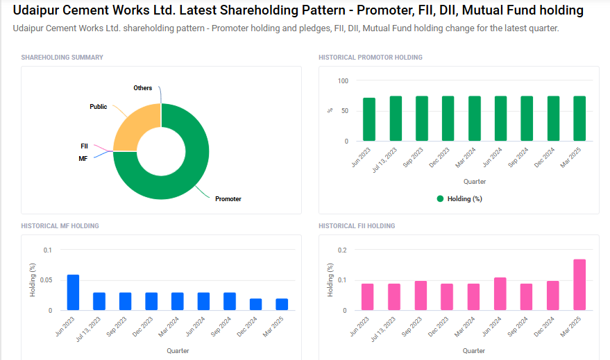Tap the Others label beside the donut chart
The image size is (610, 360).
(143, 88)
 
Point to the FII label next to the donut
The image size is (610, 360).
(84, 146)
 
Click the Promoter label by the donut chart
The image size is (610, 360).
(228, 199)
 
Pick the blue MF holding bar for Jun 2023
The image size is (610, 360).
(73, 293)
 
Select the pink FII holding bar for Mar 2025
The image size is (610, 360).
(579, 284)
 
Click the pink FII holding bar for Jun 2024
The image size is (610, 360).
(500, 293)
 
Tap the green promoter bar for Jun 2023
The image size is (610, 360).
(369, 119)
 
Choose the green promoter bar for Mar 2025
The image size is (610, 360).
(579, 119)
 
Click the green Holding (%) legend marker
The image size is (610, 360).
(440, 199)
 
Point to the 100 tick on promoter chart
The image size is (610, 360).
(343, 81)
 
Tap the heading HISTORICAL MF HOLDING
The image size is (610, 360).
(60, 226)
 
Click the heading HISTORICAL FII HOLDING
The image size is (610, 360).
(357, 226)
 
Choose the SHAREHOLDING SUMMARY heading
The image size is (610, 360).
(62, 58)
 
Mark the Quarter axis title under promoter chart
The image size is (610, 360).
(475, 182)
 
